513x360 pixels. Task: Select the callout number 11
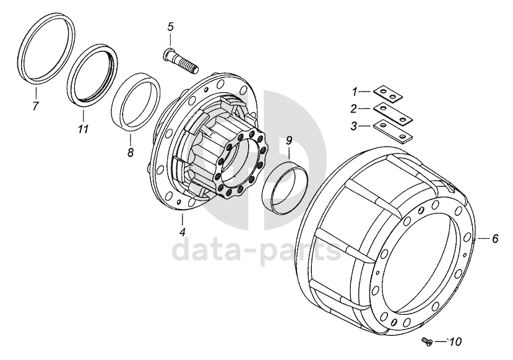click(x=83, y=129)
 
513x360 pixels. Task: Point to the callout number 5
click(x=170, y=27)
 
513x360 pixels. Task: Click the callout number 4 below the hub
click(x=183, y=233)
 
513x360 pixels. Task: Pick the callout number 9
click(x=289, y=141)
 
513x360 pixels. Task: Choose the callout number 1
click(x=355, y=92)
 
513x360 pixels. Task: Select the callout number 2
click(x=355, y=109)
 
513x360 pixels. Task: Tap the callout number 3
click(x=355, y=126)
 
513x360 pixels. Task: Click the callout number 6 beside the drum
click(x=495, y=238)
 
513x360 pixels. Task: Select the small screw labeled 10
click(x=426, y=340)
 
